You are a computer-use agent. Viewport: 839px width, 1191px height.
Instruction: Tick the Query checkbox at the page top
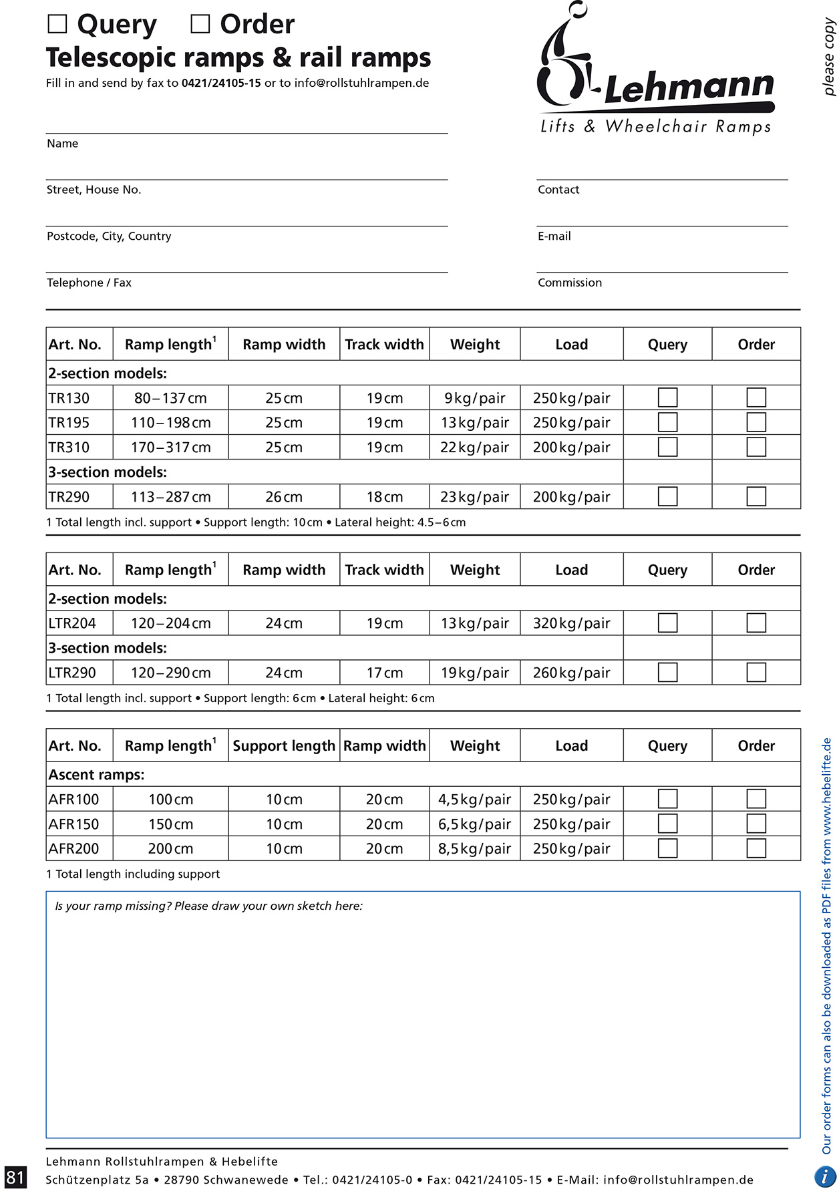pyautogui.click(x=57, y=24)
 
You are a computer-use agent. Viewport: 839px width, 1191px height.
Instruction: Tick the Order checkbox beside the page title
pyautogui.click(x=200, y=24)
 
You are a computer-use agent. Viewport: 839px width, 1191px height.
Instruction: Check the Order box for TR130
pyautogui.click(x=756, y=397)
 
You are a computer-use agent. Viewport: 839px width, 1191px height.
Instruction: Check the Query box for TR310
pyautogui.click(x=667, y=447)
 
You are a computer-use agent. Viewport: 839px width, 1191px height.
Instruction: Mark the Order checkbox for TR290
pyautogui.click(x=756, y=496)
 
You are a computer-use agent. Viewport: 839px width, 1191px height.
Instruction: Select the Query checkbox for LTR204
pyautogui.click(x=667, y=623)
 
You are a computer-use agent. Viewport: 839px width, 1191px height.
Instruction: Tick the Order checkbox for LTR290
pyautogui.click(x=756, y=672)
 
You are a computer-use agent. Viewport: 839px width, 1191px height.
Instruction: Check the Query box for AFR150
pyautogui.click(x=667, y=824)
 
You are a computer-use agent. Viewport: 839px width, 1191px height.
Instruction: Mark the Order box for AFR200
pyautogui.click(x=756, y=848)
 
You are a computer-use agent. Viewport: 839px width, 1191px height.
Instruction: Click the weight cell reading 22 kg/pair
pyautogui.click(x=474, y=448)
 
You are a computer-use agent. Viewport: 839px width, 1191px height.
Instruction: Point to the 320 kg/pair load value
pyautogui.click(x=571, y=623)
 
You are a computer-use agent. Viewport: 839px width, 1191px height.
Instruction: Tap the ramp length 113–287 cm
pyautogui.click(x=170, y=497)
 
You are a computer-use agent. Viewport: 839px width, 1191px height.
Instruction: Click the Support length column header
pyautogui.click(x=284, y=745)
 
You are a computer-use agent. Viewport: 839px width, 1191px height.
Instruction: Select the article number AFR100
pyautogui.click(x=73, y=800)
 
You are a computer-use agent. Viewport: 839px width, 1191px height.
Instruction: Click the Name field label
pyautogui.click(x=63, y=144)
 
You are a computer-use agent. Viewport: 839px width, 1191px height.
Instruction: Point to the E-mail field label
pyautogui.click(x=554, y=236)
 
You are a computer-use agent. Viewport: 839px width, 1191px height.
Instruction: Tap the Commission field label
pyautogui.click(x=570, y=283)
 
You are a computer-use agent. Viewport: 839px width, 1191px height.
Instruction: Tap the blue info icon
pyautogui.click(x=826, y=1176)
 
